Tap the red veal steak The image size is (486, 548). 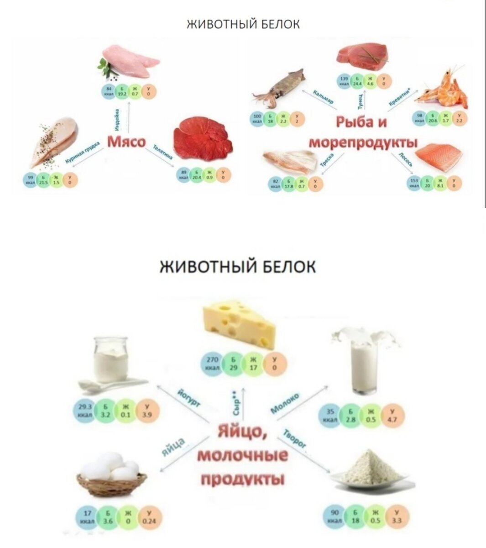(x=204, y=137)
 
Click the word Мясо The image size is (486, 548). (x=126, y=142)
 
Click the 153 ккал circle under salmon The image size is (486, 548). (x=414, y=183)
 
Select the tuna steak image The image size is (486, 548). (x=363, y=54)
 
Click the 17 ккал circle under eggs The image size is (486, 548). (x=86, y=518)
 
